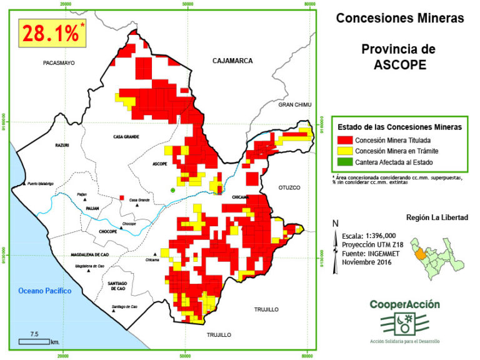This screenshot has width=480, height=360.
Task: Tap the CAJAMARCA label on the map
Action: click(x=232, y=61)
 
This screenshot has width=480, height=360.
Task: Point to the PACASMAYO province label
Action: click(x=59, y=63)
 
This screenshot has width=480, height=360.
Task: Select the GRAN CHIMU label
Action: click(x=294, y=104)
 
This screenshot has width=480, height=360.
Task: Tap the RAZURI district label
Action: click(x=62, y=145)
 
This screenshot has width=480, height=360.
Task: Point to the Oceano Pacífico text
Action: click(x=45, y=291)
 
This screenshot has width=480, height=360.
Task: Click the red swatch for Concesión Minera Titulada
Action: click(x=343, y=140)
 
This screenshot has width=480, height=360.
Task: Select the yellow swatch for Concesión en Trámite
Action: click(x=343, y=151)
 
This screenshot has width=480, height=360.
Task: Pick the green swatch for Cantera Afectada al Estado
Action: click(x=343, y=162)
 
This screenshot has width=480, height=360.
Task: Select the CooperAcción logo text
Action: click(x=404, y=304)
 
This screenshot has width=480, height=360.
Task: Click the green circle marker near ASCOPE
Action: click(x=173, y=190)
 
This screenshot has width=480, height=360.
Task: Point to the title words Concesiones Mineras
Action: click(x=400, y=18)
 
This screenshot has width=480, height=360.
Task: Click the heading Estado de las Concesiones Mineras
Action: click(x=399, y=126)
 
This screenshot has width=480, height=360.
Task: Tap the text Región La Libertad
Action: click(x=437, y=217)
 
